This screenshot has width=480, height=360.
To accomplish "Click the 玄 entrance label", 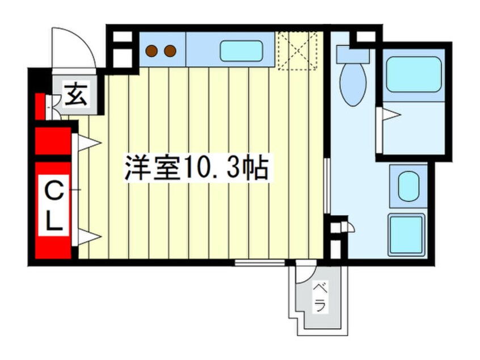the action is click(x=75, y=95).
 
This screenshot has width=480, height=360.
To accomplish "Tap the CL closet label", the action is click(x=54, y=206).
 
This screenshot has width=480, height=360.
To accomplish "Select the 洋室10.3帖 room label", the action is click(x=197, y=168).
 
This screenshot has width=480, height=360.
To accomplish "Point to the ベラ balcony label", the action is click(x=319, y=296).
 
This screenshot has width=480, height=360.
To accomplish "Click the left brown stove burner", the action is click(x=151, y=51).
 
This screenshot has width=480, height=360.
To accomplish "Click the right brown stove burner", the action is click(x=170, y=51).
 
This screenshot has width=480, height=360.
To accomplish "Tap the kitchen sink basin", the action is click(x=241, y=51).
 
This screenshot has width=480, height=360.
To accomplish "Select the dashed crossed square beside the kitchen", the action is click(x=297, y=51).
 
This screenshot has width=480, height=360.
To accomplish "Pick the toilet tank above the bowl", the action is click(x=353, y=55).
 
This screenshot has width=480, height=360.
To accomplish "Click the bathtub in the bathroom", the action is click(x=414, y=74).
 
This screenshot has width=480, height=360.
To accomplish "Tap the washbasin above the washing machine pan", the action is click(x=409, y=186).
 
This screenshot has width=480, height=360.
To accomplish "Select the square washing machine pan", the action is click(x=407, y=235).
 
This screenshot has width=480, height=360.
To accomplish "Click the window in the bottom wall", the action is click(x=260, y=262).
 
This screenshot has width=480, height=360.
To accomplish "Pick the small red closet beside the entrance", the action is click(x=40, y=107).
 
